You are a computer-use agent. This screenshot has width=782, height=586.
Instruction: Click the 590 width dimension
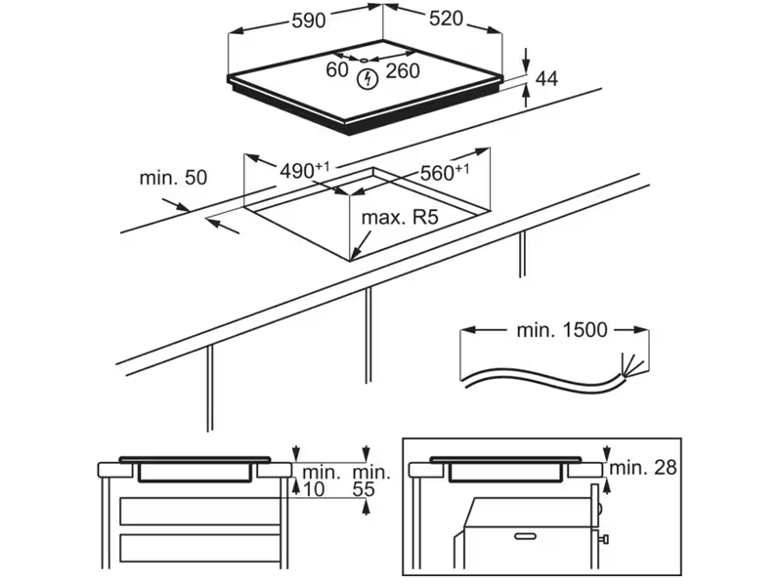tap(308, 21)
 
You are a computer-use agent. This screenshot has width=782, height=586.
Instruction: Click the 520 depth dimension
tap(445, 21)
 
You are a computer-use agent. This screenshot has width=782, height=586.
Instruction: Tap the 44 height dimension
tap(546, 80)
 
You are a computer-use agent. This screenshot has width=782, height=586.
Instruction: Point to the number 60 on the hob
tap(336, 70)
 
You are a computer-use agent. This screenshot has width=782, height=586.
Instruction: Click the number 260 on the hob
tap(402, 70)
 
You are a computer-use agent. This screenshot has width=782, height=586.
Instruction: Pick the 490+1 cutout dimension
tap(304, 170)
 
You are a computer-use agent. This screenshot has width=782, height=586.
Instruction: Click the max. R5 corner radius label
tap(398, 217)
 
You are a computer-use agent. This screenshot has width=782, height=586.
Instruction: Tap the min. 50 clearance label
tap(173, 178)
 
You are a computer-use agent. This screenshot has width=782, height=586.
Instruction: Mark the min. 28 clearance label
tap(643, 468)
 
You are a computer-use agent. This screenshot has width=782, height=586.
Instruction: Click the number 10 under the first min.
tap(312, 488)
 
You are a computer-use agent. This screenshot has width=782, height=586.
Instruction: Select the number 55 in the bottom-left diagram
tap(363, 488)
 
